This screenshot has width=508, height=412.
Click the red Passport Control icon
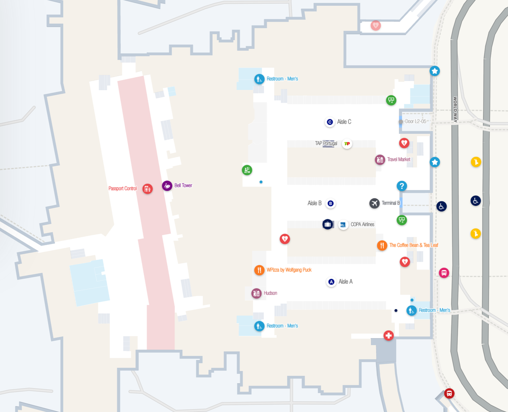[x=147, y=188]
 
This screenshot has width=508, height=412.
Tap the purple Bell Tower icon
[x=167, y=185]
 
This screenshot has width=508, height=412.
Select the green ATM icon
[x=247, y=170]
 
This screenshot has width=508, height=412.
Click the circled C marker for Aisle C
[x=330, y=122]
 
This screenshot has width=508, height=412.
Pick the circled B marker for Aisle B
[x=331, y=203]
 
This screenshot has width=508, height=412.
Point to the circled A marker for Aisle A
[x=331, y=282]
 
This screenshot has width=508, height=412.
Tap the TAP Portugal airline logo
[x=347, y=144]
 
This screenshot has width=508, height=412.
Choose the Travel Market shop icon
[x=380, y=160]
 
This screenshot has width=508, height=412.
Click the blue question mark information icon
[x=402, y=186]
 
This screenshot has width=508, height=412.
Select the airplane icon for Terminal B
[x=374, y=203]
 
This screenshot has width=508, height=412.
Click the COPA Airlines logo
[x=343, y=224]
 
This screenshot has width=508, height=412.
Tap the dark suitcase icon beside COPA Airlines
[x=327, y=224]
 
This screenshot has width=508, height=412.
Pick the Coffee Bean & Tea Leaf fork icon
[x=382, y=245]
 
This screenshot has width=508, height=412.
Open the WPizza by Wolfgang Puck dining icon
[x=259, y=270]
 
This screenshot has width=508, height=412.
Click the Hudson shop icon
[x=256, y=293]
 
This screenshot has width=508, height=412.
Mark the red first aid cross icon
[x=389, y=336]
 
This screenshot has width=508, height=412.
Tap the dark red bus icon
[x=449, y=393]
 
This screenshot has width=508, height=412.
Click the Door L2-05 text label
[x=415, y=122]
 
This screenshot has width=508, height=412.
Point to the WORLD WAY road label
[x=455, y=110]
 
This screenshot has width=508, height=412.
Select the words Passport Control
[x=122, y=188]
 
